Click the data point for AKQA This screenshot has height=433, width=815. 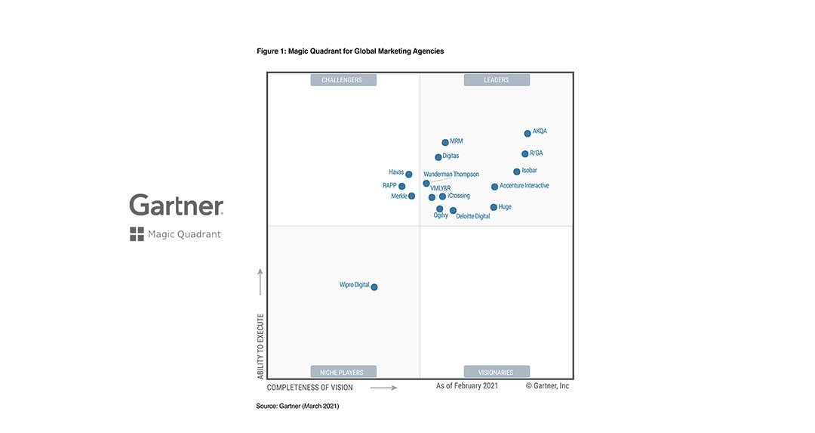(x=527, y=134)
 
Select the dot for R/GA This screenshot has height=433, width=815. (x=525, y=154)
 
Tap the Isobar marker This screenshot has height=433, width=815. (x=517, y=172)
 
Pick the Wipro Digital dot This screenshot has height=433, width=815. (x=374, y=287)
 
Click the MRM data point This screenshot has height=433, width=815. (x=445, y=142)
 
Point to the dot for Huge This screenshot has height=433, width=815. (x=494, y=207)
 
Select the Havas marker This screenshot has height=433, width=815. (x=409, y=175)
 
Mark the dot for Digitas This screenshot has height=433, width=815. (x=438, y=157)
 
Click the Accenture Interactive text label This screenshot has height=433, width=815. (x=524, y=186)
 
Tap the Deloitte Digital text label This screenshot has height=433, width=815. (x=473, y=216)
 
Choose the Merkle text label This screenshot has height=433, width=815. (x=399, y=196)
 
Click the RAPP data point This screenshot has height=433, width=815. (x=402, y=187)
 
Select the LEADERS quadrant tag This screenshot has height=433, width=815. (x=497, y=80)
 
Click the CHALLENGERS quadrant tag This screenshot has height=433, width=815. (x=343, y=80)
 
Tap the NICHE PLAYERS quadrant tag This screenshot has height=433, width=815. (x=343, y=372)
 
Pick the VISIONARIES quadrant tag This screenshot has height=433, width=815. (x=497, y=372)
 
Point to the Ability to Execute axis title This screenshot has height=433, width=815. (x=260, y=346)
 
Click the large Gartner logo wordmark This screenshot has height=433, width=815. (x=176, y=206)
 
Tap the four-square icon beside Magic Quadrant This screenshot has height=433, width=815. (x=137, y=234)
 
